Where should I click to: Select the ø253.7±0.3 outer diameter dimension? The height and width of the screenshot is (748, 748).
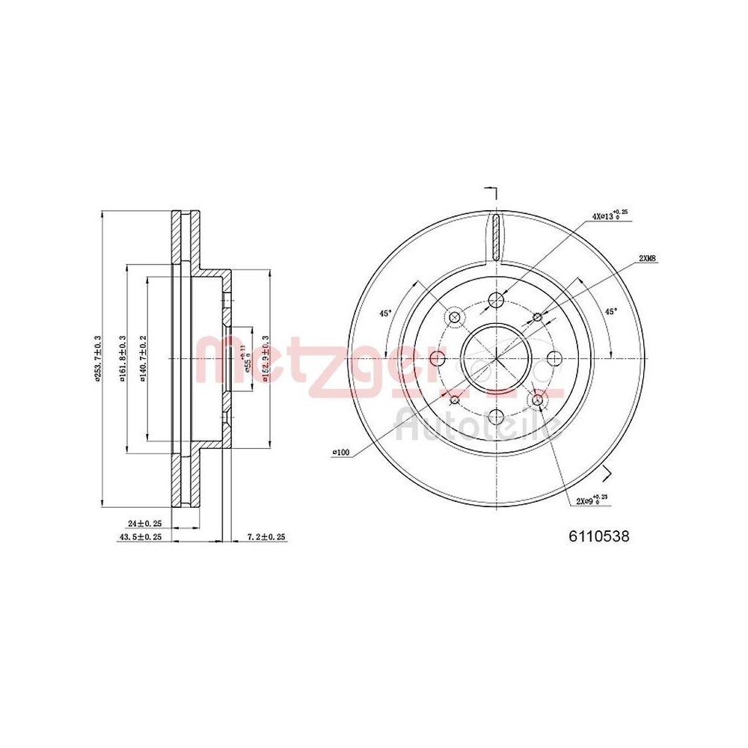tap(97, 358)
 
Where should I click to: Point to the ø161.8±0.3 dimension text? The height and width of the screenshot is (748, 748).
tap(122, 359)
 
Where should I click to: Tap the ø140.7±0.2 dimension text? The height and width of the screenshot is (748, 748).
tap(142, 359)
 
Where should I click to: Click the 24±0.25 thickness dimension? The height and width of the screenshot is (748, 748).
tap(145, 524)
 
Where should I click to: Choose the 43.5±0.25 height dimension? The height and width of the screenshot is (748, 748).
tap(142, 537)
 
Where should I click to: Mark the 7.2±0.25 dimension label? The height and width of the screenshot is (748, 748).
tap(266, 537)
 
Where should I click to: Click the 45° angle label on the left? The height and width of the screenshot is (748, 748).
tap(384, 313)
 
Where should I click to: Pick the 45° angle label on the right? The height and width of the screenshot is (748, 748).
tap(610, 311)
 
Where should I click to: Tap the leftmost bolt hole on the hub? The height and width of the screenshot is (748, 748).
tap(438, 360)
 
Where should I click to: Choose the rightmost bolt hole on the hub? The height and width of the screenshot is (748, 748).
tap(554, 360)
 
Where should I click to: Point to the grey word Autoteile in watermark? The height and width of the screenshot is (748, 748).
tap(479, 426)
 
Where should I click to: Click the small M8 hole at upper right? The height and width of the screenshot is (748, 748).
tap(537, 318)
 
